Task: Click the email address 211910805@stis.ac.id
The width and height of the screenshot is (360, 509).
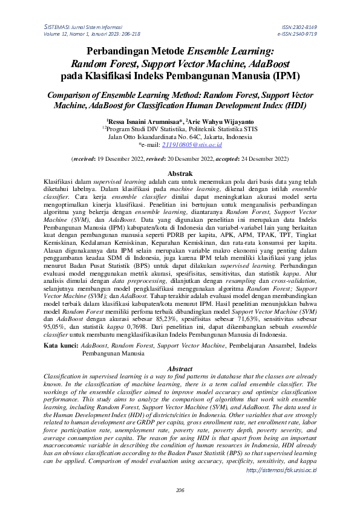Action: [x=179, y=146]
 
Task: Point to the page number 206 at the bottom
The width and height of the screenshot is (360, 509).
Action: [x=179, y=490]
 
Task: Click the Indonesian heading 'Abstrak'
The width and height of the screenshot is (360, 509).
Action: [x=180, y=173]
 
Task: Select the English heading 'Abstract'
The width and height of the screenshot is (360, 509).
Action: [x=180, y=369]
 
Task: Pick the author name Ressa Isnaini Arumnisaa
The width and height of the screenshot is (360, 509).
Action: [x=157, y=121]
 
